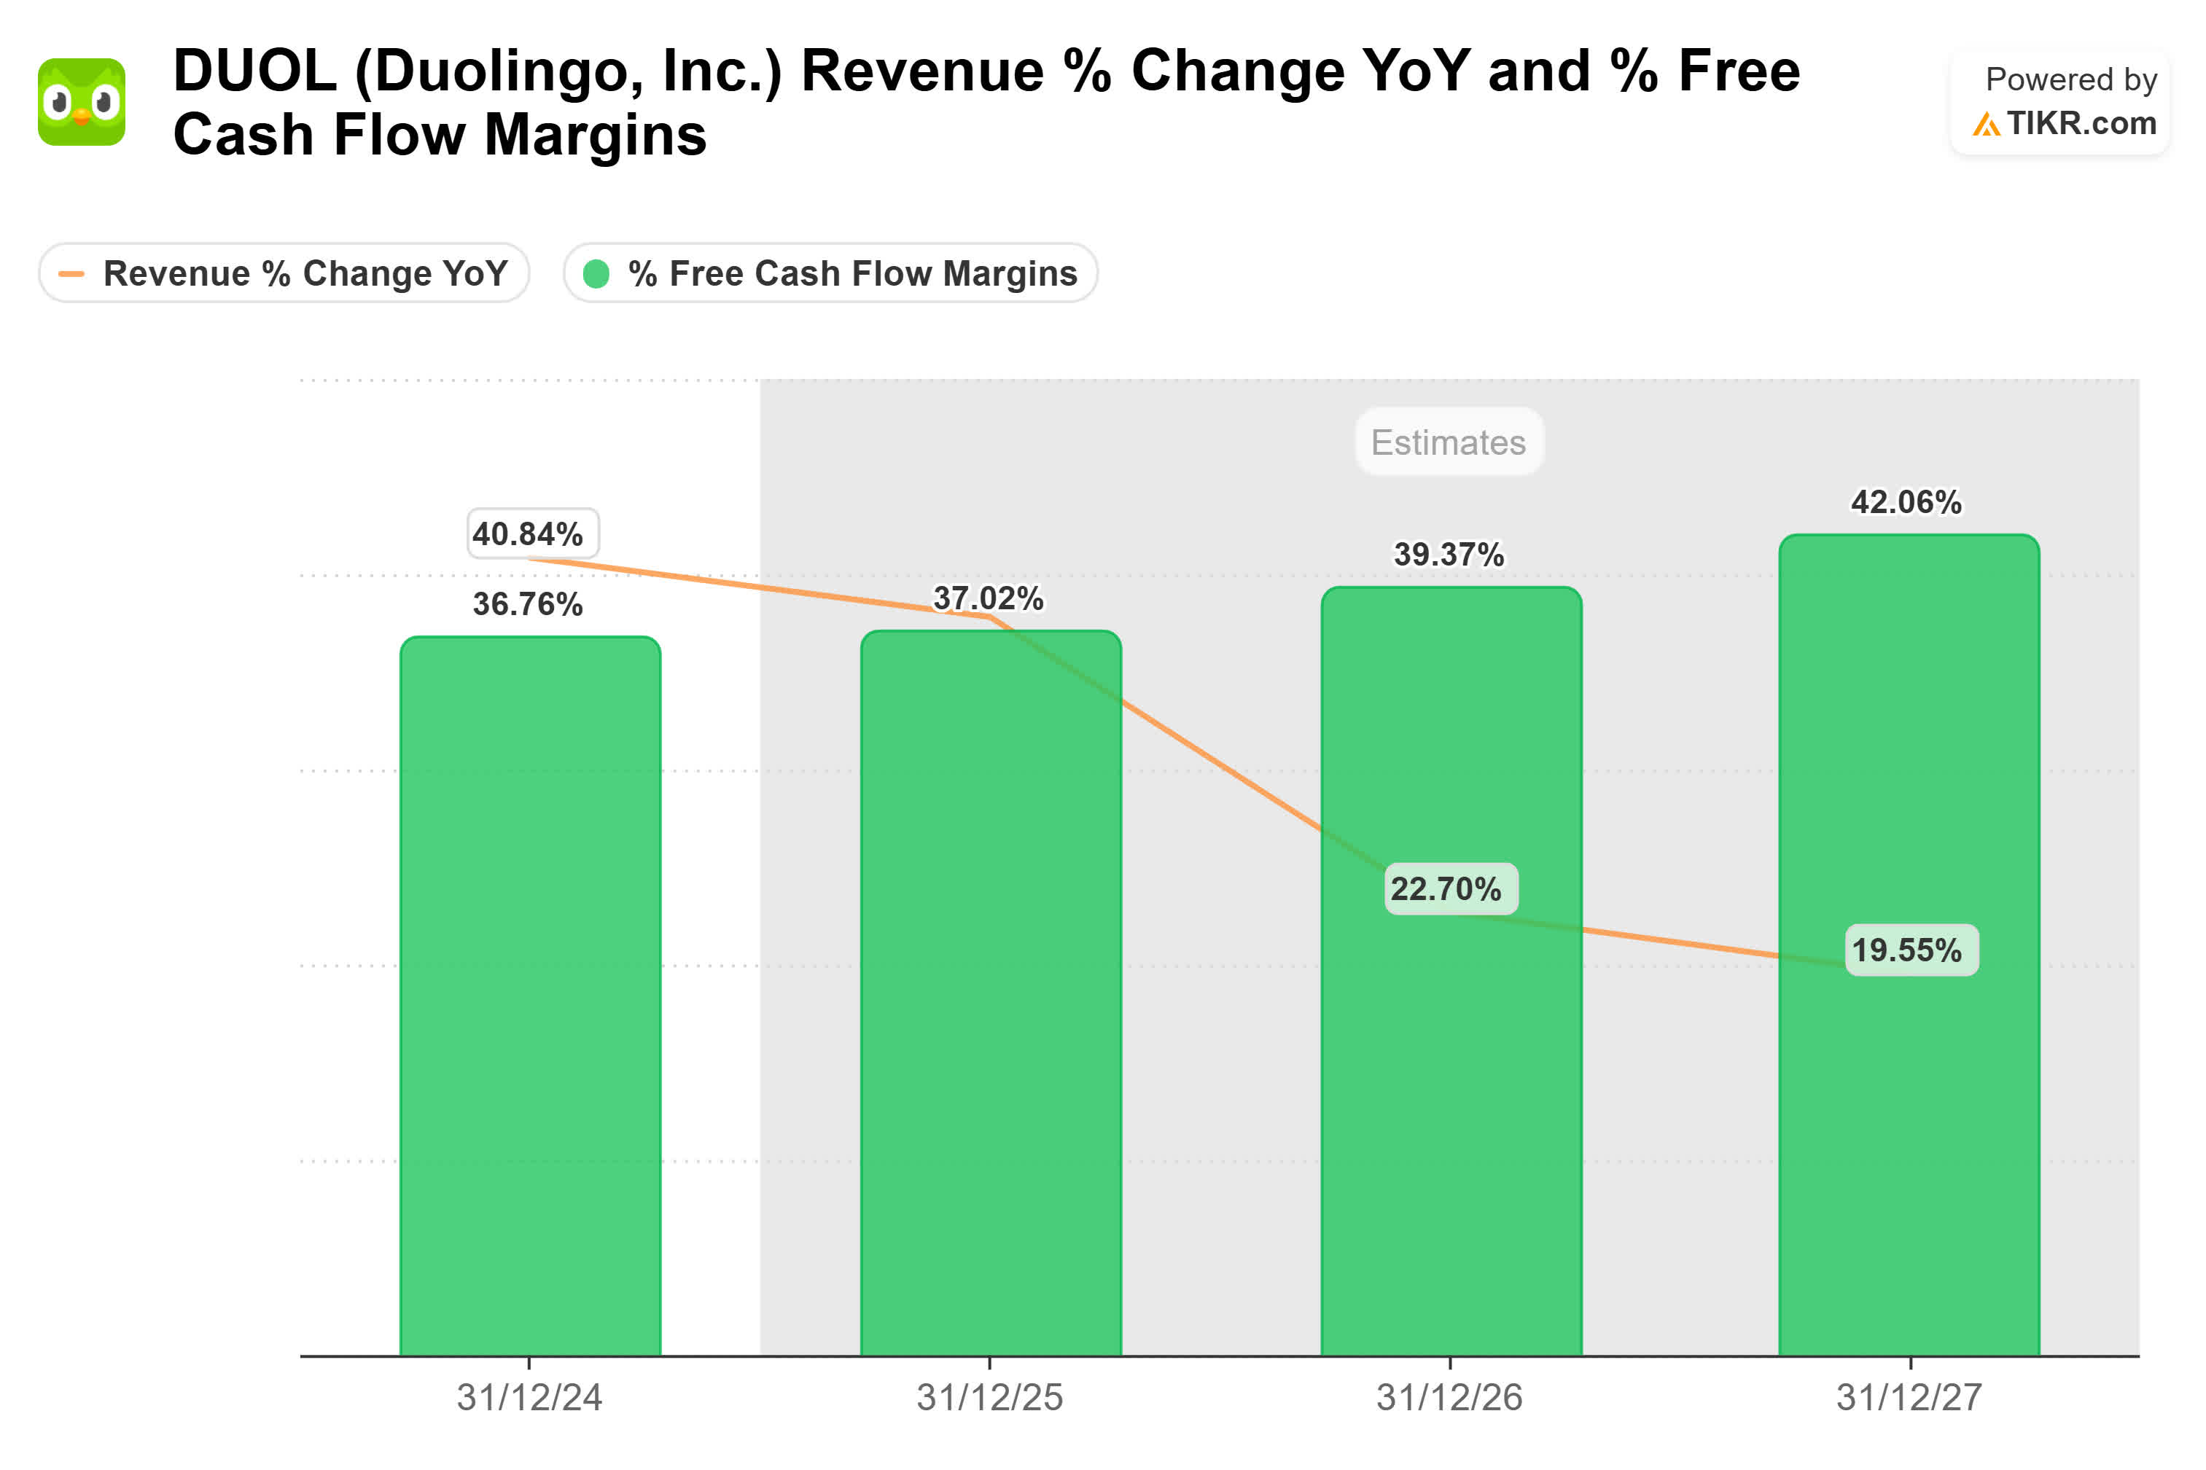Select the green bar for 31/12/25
(990, 994)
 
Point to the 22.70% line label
(1450, 888)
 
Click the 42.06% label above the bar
(1905, 501)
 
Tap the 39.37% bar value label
(1449, 554)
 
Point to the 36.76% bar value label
(527, 603)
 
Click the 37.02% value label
(988, 598)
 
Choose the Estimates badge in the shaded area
(1449, 442)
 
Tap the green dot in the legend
(596, 274)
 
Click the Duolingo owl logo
(82, 102)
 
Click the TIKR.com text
(2081, 123)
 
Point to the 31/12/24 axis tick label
(529, 1397)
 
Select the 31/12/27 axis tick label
(1909, 1397)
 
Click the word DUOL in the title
(255, 71)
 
